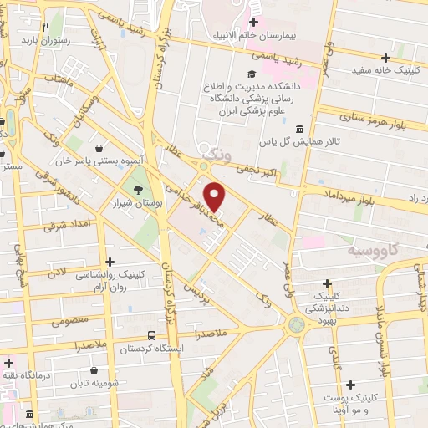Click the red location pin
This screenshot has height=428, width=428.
(x=215, y=196)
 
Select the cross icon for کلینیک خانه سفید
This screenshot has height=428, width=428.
(x=385, y=58)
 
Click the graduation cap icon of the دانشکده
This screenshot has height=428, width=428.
(x=250, y=75)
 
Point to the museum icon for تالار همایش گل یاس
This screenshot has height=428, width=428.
(x=299, y=128)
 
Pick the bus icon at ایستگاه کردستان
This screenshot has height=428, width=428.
(x=151, y=334)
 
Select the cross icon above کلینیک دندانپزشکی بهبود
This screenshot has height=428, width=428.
(x=327, y=283)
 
